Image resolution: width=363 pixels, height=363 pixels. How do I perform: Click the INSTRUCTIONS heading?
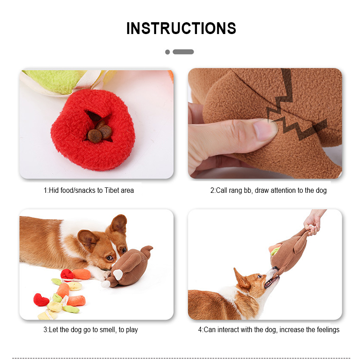(181, 28)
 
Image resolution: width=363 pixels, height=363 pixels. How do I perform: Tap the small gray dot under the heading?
(167, 52)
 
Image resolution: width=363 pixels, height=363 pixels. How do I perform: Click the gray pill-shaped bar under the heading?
(183, 52)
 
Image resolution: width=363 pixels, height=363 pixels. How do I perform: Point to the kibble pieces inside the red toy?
(99, 132)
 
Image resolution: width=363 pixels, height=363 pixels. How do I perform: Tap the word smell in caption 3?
(108, 329)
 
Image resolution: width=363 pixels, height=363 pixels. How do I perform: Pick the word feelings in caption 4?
(328, 330)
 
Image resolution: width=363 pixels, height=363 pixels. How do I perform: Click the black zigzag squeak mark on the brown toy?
(294, 109)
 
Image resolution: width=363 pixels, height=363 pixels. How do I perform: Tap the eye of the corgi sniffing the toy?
(109, 257)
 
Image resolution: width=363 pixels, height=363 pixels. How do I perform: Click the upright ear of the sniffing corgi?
(119, 224)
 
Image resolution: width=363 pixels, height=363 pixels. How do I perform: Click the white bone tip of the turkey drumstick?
(106, 284)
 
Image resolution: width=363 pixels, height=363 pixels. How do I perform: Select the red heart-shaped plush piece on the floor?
(41, 300)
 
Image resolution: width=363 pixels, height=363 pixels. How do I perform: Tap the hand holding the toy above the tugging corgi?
(313, 222)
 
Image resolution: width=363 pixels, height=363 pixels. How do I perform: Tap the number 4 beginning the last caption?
(200, 330)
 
